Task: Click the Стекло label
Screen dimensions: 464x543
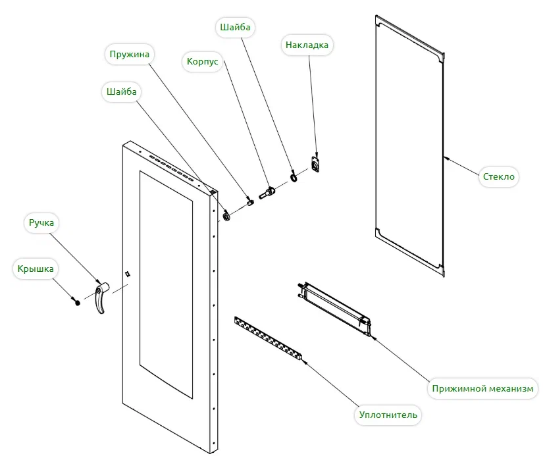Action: [x=499, y=176]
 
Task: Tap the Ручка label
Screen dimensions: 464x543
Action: [x=41, y=223]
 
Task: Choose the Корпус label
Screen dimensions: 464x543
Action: [x=203, y=61]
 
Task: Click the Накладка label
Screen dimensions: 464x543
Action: [x=306, y=45]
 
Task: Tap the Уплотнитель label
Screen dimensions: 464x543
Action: [x=388, y=415]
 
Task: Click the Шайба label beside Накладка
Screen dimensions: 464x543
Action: [x=235, y=28]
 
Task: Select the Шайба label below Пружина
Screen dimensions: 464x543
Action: [x=122, y=92]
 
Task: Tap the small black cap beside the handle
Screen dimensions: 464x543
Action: [x=76, y=302]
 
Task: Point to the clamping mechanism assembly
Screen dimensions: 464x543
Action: [x=334, y=305]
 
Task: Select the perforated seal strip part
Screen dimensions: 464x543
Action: [x=270, y=340]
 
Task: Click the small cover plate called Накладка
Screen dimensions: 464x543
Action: [x=316, y=164]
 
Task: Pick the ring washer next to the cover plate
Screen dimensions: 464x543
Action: [x=294, y=178]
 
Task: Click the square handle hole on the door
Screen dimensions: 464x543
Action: [x=128, y=273]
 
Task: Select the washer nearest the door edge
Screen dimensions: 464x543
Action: [x=227, y=216]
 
